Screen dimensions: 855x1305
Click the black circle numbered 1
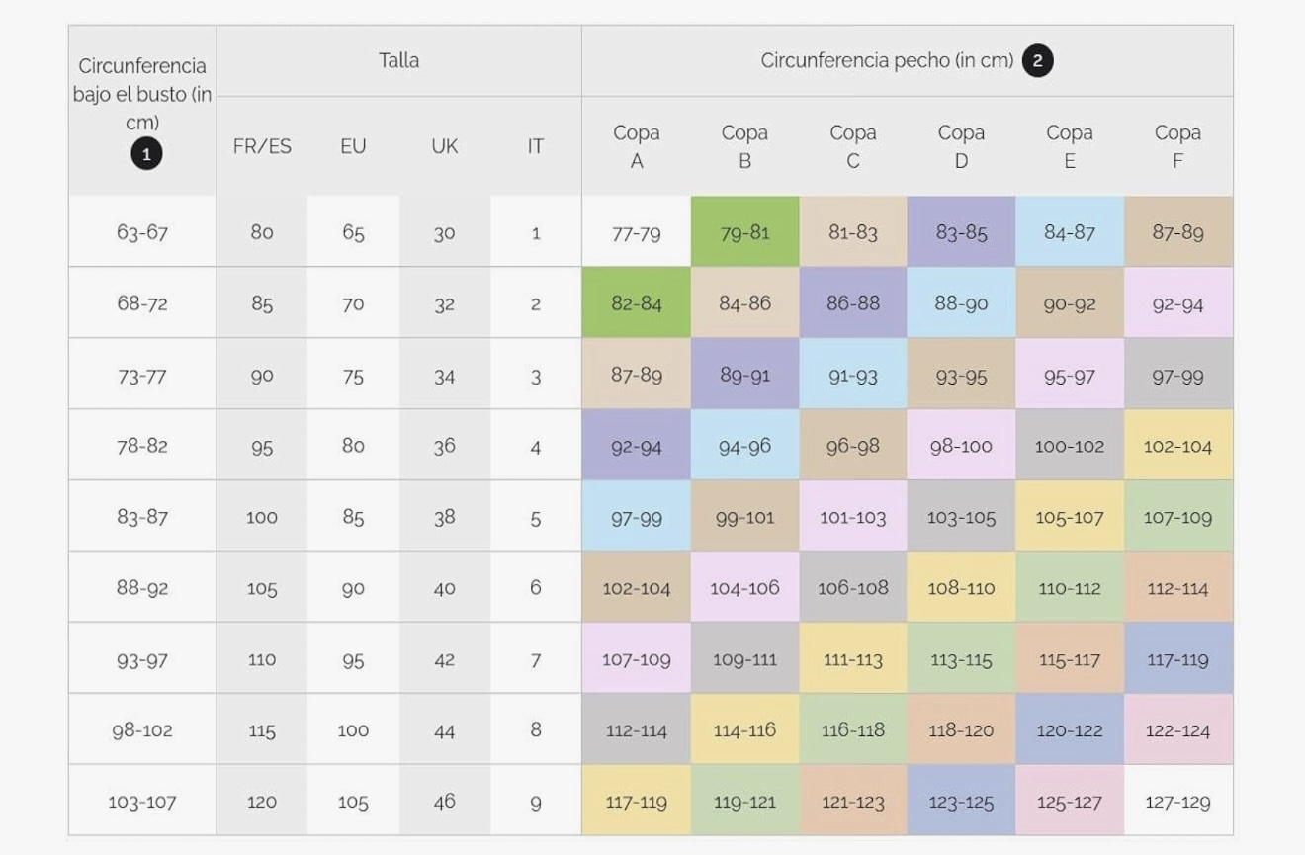[x=146, y=154]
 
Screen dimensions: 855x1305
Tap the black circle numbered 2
[x=1037, y=61]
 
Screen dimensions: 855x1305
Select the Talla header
[x=398, y=60]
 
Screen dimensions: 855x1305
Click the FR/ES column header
[x=262, y=146]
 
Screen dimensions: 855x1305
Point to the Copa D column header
[x=961, y=146]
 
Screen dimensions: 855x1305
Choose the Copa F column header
[x=1177, y=146]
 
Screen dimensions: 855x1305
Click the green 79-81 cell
[x=744, y=232]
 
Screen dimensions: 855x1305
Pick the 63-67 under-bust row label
[x=142, y=232]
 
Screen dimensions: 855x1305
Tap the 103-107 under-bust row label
[x=142, y=802]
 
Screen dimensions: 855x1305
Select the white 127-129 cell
[x=1177, y=802]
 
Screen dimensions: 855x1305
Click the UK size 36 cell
[x=444, y=446]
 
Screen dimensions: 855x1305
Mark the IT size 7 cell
[x=535, y=659]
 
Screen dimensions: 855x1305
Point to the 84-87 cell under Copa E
[x=1069, y=232]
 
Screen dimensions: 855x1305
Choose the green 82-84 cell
[x=637, y=303]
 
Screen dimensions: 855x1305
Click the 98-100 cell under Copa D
[x=961, y=446]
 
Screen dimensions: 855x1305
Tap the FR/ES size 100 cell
[x=262, y=517]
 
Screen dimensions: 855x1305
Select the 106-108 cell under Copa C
[x=852, y=588]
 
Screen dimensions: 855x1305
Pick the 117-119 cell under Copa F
[x=1177, y=659]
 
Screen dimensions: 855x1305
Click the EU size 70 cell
[x=353, y=303]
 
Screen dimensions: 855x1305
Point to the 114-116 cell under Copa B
[x=744, y=730]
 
